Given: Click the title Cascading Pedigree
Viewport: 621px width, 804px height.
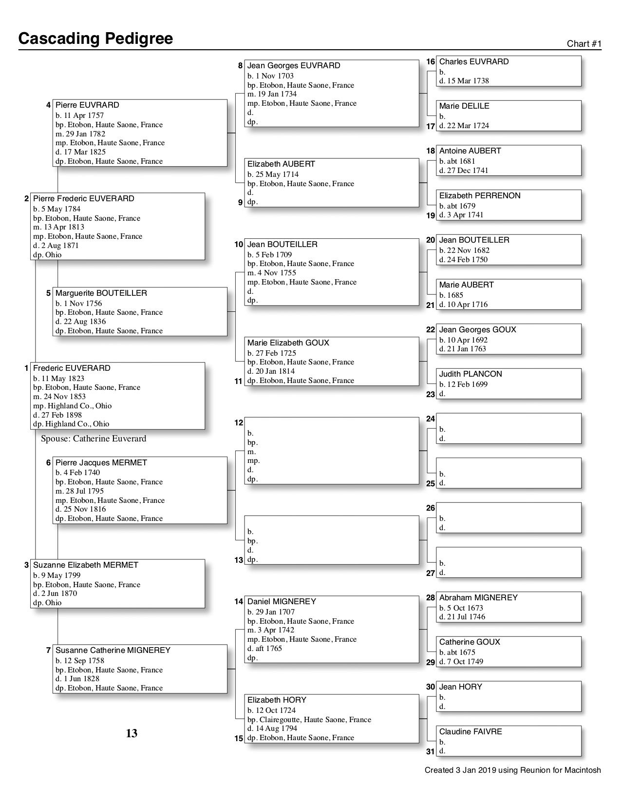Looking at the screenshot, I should click(95, 38).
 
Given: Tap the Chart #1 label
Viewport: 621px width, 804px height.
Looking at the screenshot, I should click(584, 44).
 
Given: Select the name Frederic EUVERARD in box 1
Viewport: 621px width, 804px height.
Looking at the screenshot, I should click(72, 368).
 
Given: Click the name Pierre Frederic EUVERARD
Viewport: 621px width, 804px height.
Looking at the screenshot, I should click(83, 199).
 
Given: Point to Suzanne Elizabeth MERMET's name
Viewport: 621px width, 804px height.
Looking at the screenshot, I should click(85, 565).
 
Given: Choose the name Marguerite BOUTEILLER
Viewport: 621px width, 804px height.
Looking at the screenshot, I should click(101, 293).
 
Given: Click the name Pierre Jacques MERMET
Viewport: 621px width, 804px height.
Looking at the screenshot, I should click(101, 463).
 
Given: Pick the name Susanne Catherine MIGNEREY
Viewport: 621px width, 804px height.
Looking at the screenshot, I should click(113, 651).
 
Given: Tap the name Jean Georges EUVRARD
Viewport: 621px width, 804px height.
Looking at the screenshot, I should click(294, 66).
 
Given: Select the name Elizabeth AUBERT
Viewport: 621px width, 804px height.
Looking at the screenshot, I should click(281, 164).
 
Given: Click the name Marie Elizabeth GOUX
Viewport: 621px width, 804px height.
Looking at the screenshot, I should click(288, 343).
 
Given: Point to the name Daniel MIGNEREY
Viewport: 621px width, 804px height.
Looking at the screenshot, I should click(282, 602).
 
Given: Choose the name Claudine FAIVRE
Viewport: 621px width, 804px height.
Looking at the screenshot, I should click(470, 732).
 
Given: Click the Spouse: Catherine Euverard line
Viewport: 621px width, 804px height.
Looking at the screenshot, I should click(94, 439).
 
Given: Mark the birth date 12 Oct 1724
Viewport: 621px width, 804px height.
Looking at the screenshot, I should click(271, 710).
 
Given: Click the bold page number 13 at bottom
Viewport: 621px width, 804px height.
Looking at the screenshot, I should click(132, 733).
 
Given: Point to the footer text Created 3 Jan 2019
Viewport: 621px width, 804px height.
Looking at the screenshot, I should click(512, 770).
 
